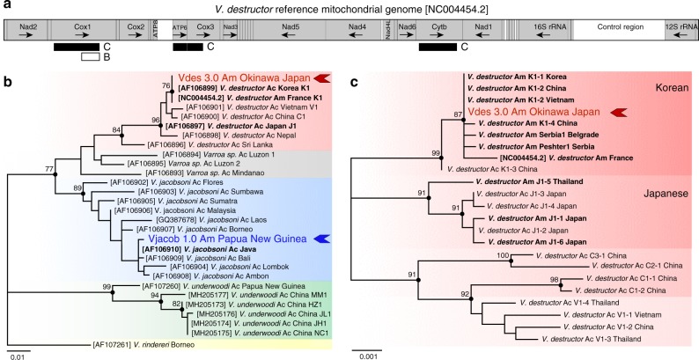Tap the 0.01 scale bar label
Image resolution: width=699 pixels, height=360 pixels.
[18, 355]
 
